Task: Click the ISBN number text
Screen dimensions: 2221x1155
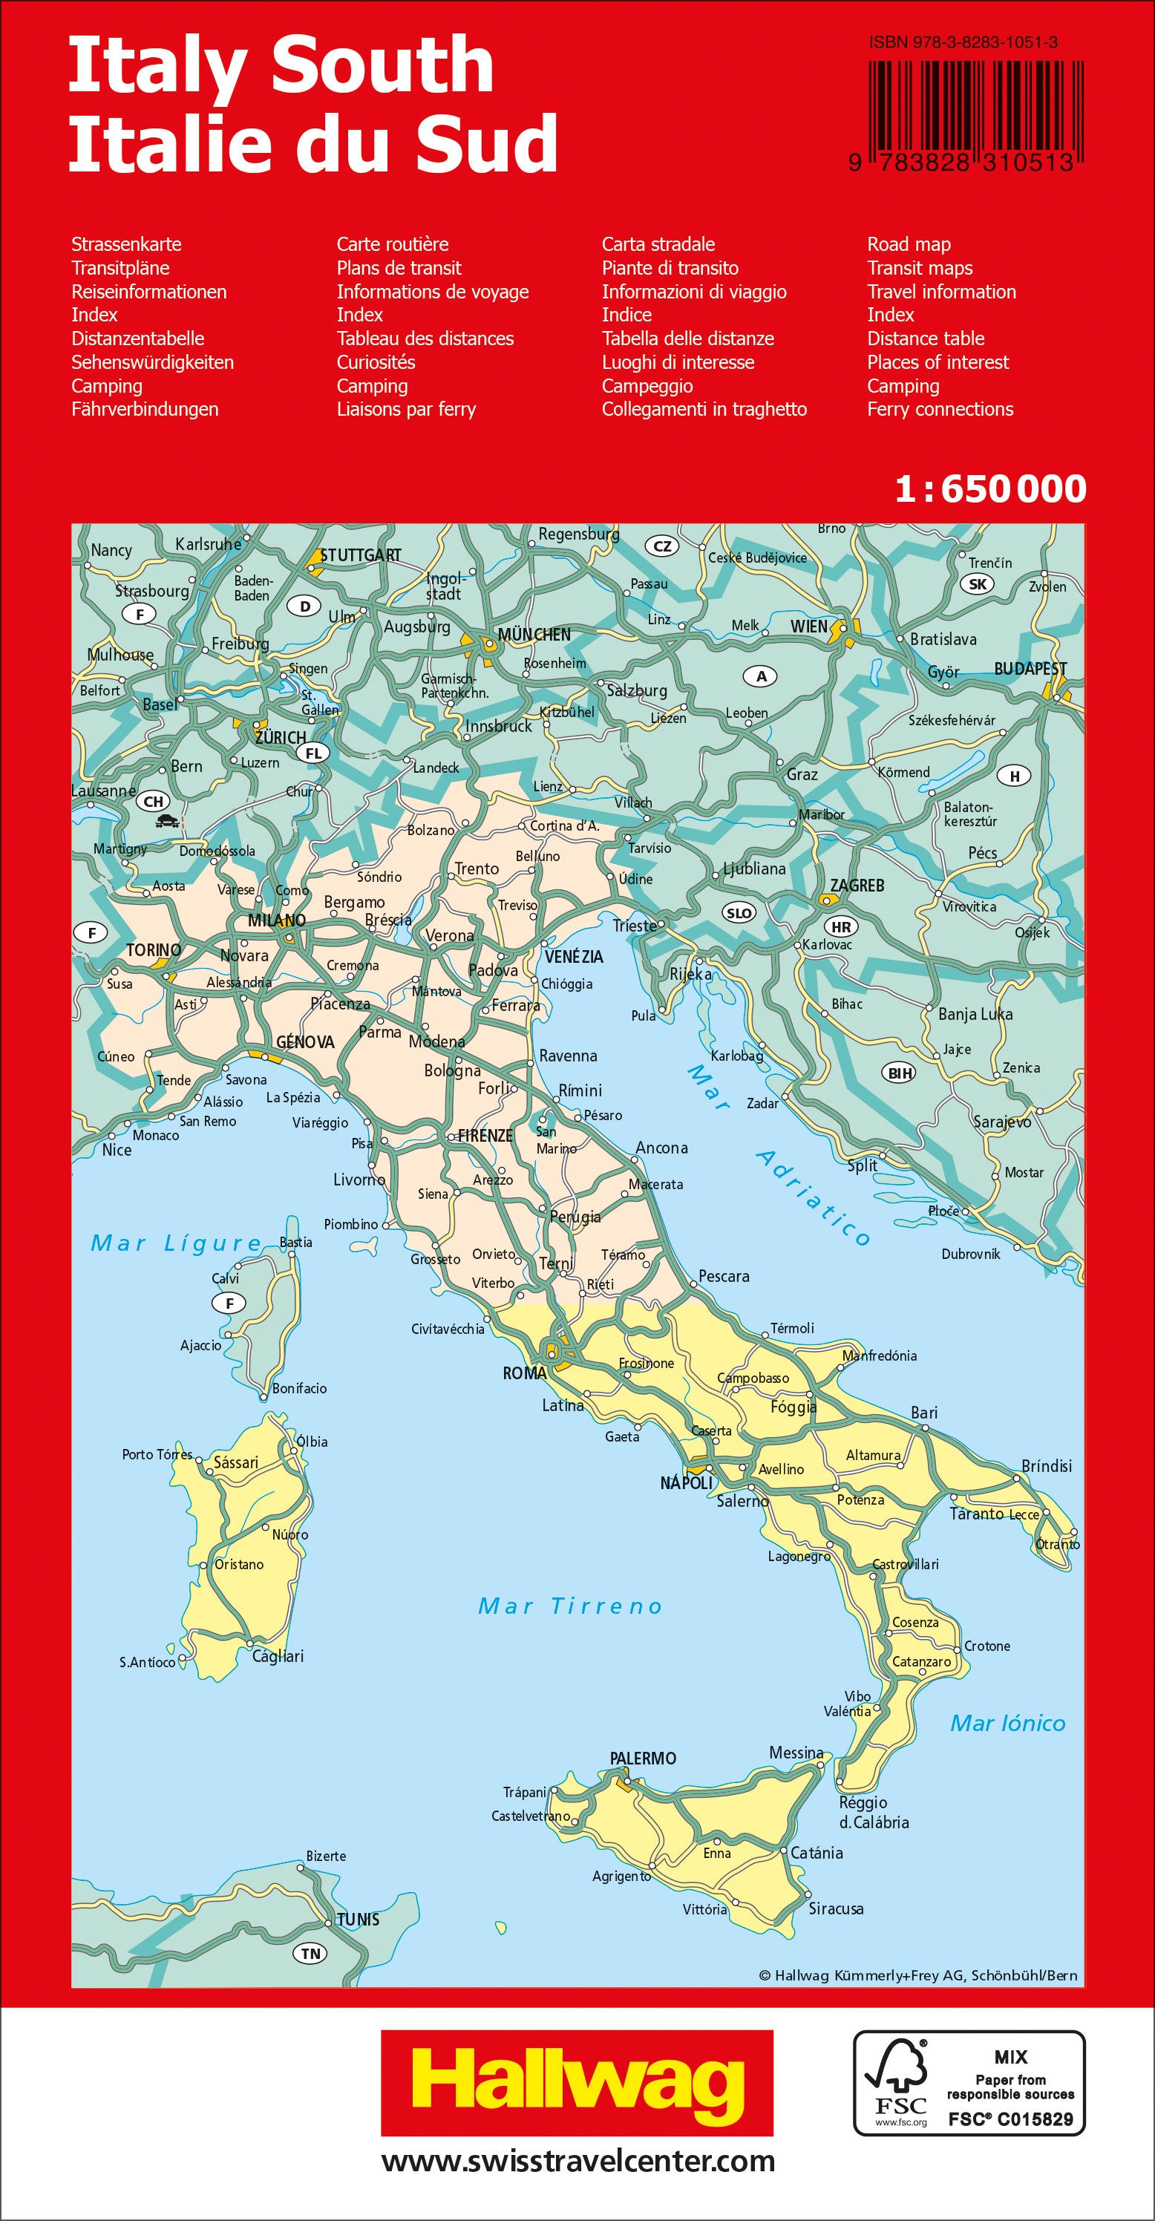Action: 963,42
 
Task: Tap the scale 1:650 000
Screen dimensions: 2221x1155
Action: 990,489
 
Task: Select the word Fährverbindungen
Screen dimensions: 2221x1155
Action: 145,410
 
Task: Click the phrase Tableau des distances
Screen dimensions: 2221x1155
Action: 425,338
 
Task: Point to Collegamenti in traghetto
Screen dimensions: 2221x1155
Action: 704,410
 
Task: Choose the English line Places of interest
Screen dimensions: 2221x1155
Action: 938,362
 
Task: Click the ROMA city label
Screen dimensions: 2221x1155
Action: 525,1373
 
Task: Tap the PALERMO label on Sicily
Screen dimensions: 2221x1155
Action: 643,1758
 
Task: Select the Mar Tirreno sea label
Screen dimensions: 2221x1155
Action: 571,1606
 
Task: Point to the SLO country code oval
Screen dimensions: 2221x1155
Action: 739,913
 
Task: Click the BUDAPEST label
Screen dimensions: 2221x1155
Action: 1030,669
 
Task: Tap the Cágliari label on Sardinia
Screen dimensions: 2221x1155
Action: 278,1656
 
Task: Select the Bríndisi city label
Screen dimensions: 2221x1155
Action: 1047,1467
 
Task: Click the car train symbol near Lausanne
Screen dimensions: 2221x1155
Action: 168,822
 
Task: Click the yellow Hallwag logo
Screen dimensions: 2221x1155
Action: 577,2084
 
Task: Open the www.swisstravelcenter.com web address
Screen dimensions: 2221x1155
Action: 577,2161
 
